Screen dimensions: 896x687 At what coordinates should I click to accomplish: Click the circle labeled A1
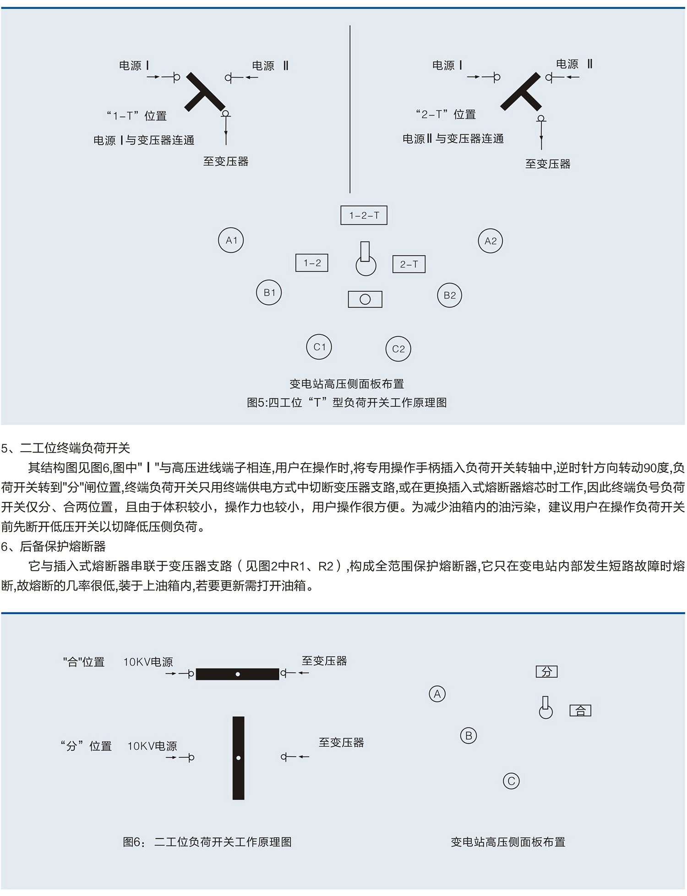pyautogui.click(x=231, y=240)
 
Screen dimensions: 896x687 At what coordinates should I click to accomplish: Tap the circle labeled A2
pyautogui.click(x=490, y=241)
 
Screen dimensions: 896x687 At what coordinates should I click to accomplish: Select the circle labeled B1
pyautogui.click(x=269, y=293)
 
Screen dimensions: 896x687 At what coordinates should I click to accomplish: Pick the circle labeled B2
pyautogui.click(x=449, y=295)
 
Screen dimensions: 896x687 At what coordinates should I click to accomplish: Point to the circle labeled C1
pyautogui.click(x=319, y=347)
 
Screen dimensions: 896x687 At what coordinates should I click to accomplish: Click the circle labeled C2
pyautogui.click(x=398, y=349)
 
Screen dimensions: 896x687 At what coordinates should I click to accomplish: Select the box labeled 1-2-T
pyautogui.click(x=364, y=215)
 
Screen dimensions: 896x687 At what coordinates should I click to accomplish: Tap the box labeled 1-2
pyautogui.click(x=312, y=263)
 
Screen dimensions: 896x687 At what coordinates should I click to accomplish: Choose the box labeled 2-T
pyautogui.click(x=409, y=264)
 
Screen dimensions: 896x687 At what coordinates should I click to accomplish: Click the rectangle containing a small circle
pyautogui.click(x=365, y=300)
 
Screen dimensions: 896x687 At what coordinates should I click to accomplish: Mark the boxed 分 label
pyautogui.click(x=546, y=672)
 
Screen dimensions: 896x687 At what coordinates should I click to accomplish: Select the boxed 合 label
pyautogui.click(x=580, y=710)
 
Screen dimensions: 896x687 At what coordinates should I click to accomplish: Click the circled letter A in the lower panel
pyautogui.click(x=437, y=694)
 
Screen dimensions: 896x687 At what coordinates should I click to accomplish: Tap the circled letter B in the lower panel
pyautogui.click(x=468, y=736)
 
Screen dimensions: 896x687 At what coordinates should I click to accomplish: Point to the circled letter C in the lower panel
pyautogui.click(x=511, y=781)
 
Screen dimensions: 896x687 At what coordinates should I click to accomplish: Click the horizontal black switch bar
pyautogui.click(x=237, y=674)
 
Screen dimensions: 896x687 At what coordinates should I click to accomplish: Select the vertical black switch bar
pyautogui.click(x=238, y=758)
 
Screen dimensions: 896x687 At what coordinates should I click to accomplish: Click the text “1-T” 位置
pyautogui.click(x=136, y=116)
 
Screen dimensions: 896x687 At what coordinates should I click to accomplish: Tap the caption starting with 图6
pyautogui.click(x=207, y=842)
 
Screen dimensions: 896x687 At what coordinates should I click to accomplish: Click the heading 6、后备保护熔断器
pyautogui.click(x=54, y=546)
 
